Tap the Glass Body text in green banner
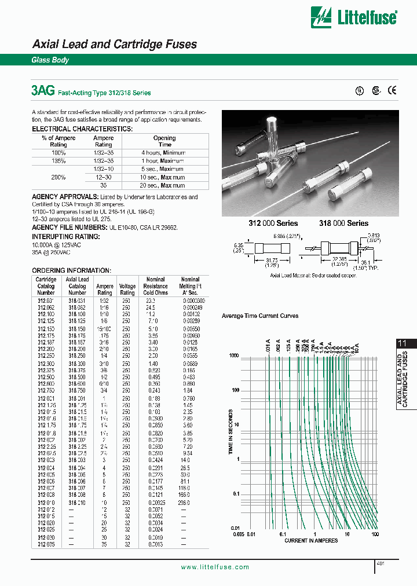tap(50, 60)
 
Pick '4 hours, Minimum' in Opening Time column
tap(164, 152)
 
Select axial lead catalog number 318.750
tap(77, 390)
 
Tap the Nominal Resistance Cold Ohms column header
tap(155, 286)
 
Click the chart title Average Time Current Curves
tap(260, 316)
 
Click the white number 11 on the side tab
tap(402, 343)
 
